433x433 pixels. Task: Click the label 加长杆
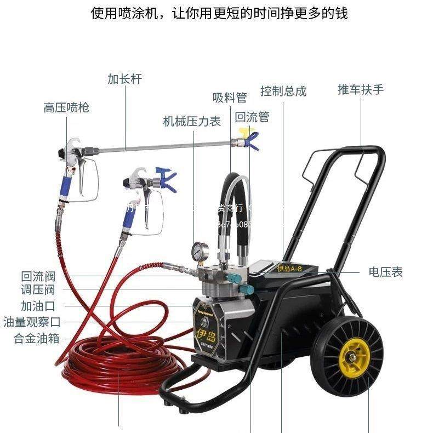(x=124, y=79)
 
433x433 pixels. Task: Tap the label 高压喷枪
(x=66, y=107)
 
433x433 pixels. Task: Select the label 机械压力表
(x=192, y=121)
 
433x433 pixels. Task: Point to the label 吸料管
(x=230, y=98)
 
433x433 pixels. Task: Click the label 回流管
(x=252, y=117)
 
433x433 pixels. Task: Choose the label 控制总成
(x=283, y=91)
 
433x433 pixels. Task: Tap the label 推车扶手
(x=361, y=89)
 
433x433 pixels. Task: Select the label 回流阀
(x=38, y=277)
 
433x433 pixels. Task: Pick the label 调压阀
(x=38, y=290)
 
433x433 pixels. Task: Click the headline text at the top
(x=219, y=13)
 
